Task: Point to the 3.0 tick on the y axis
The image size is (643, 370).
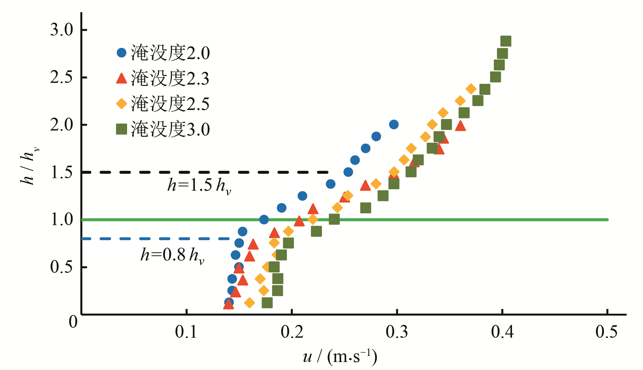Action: point(62,30)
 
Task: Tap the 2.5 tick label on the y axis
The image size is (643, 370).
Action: point(62,77)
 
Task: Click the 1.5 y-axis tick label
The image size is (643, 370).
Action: point(62,172)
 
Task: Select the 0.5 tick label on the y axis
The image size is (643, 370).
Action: point(62,267)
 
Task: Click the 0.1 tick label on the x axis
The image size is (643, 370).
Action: point(186,332)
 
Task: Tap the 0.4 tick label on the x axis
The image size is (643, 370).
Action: point(502,332)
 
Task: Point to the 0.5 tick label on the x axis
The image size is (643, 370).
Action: point(606,332)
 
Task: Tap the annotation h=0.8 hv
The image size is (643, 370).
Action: point(172,256)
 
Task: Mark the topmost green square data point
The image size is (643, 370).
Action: point(506,41)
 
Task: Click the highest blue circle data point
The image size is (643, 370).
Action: point(394,124)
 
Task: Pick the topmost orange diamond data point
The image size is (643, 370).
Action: point(471,89)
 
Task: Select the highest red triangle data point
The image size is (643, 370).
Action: point(460,126)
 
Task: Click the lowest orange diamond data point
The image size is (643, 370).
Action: point(249,303)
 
